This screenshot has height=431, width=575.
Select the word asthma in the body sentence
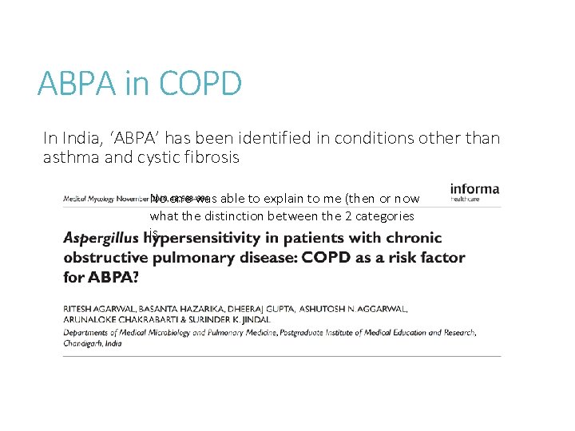[69, 157]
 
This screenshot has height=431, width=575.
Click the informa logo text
[474, 189]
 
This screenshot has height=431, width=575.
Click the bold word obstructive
[108, 259]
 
